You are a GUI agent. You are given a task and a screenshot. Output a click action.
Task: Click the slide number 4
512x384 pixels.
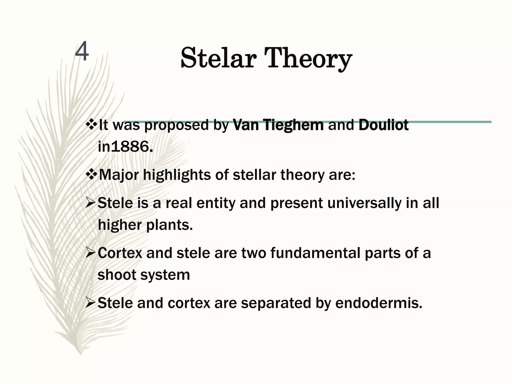tap(82, 52)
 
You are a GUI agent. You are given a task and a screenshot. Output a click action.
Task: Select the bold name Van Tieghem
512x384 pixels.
tap(278, 125)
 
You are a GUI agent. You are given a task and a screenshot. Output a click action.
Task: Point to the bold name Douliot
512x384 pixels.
tap(383, 125)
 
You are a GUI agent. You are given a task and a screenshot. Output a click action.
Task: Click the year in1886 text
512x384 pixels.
tap(125, 147)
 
